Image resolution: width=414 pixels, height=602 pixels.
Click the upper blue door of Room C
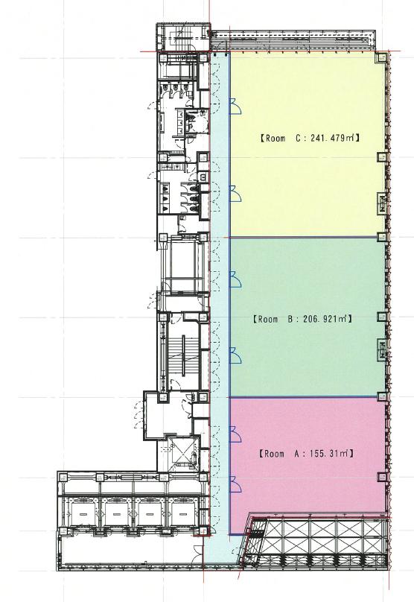[235, 107]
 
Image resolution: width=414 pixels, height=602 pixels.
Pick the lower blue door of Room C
[235, 194]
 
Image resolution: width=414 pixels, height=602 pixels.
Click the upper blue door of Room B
[235, 279]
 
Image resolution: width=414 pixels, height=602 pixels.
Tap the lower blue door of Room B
[235, 355]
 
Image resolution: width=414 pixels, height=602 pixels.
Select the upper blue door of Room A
[235, 434]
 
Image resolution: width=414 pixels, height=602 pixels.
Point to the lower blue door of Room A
[235, 484]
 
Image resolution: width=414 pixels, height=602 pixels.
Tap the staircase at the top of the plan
[182, 36]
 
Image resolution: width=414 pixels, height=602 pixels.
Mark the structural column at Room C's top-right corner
[381, 57]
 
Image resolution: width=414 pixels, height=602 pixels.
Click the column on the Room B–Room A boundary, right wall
[381, 397]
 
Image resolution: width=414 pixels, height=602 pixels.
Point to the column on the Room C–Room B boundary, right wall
[381, 237]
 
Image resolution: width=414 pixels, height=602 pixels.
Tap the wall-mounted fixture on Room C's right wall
[381, 203]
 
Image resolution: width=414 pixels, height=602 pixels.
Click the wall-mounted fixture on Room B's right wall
[381, 349]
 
